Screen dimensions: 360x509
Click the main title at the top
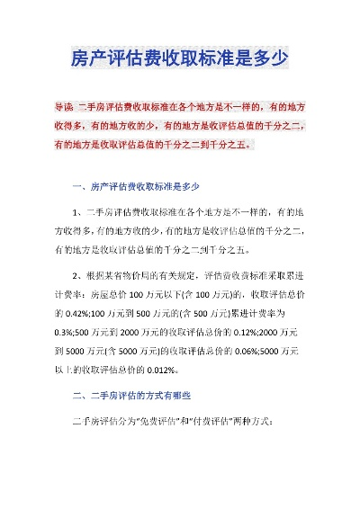(179, 59)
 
